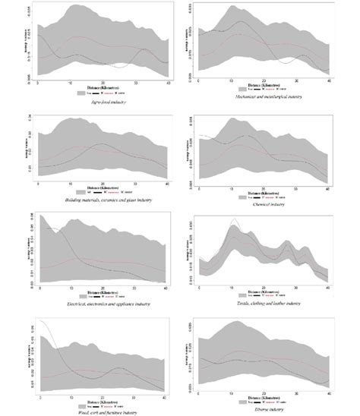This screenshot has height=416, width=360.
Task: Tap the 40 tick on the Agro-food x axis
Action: [168, 82]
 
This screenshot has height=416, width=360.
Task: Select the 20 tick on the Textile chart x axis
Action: [264, 288]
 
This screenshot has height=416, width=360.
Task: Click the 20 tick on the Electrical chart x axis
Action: [103, 288]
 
